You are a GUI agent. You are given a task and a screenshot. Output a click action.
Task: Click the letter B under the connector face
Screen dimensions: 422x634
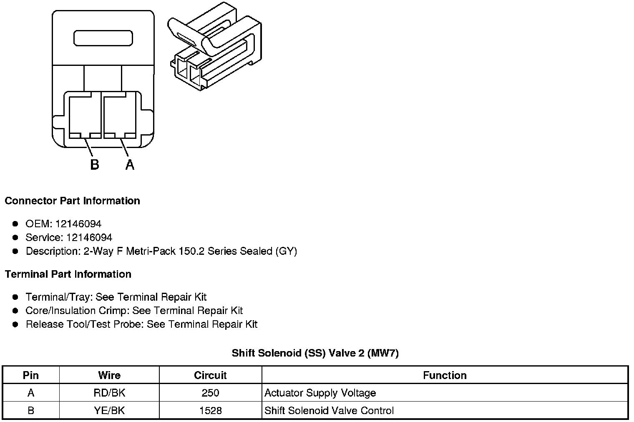click(95, 165)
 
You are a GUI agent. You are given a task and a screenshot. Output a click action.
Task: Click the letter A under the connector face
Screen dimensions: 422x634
click(130, 165)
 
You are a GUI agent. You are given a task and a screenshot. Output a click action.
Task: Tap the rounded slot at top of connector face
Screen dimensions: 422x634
click(103, 38)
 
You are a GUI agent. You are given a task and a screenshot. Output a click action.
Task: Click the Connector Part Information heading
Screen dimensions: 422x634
click(72, 201)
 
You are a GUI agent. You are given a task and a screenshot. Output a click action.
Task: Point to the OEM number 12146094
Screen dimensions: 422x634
click(78, 224)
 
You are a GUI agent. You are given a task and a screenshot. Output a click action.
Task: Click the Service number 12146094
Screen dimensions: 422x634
click(89, 238)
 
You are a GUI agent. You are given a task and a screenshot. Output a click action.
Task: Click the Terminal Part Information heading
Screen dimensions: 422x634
click(68, 274)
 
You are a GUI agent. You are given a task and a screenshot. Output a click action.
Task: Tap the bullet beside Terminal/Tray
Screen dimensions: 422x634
click(15, 297)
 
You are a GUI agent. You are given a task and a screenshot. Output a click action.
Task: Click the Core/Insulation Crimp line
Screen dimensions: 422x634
click(134, 311)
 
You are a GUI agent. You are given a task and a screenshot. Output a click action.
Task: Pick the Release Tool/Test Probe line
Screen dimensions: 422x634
click(141, 324)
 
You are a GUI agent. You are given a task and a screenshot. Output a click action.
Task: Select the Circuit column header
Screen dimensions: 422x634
click(210, 375)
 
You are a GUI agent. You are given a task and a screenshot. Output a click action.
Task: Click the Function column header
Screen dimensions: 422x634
click(445, 375)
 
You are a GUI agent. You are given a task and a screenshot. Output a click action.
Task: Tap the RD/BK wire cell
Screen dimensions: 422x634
click(109, 393)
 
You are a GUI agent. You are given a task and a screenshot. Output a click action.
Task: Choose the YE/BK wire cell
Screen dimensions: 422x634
click(109, 411)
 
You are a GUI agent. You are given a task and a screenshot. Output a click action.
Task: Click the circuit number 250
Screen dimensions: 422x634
click(210, 393)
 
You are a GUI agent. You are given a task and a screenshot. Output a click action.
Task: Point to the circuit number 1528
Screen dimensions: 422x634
click(210, 411)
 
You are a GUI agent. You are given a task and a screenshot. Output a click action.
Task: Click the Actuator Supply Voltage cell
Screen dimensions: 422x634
click(320, 393)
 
